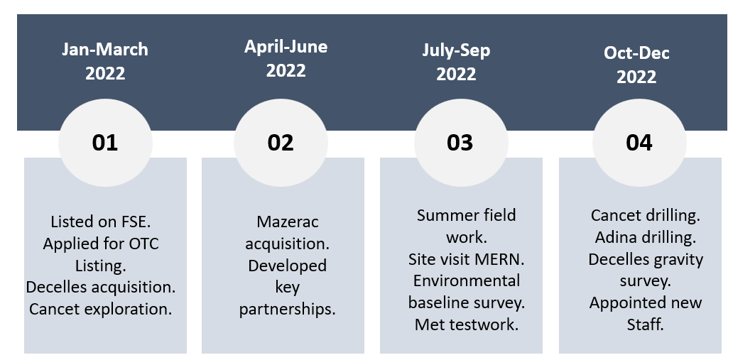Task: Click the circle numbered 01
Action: [x=105, y=143]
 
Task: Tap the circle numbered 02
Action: [x=281, y=143]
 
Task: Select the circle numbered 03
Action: [x=461, y=143]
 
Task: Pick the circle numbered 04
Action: [x=639, y=143]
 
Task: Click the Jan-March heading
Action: [x=105, y=61]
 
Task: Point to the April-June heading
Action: [x=286, y=58]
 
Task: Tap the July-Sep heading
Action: [x=456, y=62]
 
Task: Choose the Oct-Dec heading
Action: [x=636, y=65]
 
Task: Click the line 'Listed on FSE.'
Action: [x=101, y=222]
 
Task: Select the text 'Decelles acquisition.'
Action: [x=101, y=287]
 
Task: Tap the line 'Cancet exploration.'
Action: [x=101, y=309]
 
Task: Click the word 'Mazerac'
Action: [x=288, y=222]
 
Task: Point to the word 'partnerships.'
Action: [x=288, y=310]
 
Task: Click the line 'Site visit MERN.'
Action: [x=467, y=259]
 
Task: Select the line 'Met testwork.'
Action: [x=467, y=324]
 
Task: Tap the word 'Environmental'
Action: [x=467, y=280]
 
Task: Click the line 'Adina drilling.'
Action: [x=646, y=237]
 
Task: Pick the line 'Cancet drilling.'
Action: [x=646, y=216]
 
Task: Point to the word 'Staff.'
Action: [x=646, y=324]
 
